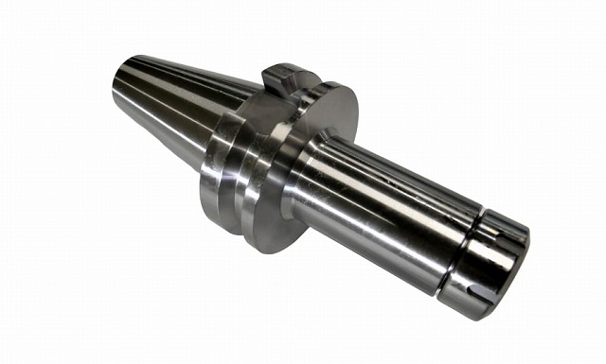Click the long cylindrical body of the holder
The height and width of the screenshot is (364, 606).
[x=379, y=208]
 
